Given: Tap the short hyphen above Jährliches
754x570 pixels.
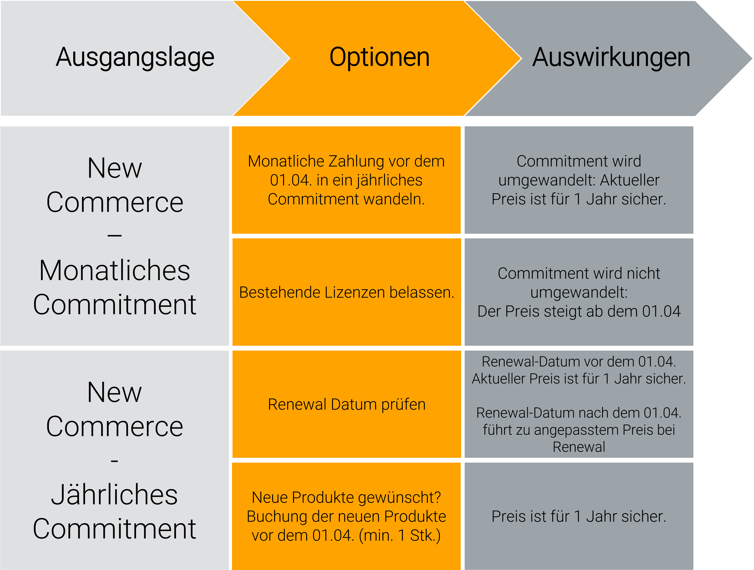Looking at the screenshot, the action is (115, 461).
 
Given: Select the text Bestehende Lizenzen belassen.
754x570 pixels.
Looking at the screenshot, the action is (347, 292).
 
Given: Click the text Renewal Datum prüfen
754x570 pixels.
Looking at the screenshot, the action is (347, 405).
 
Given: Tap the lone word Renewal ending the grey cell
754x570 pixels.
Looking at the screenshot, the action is (579, 447).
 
